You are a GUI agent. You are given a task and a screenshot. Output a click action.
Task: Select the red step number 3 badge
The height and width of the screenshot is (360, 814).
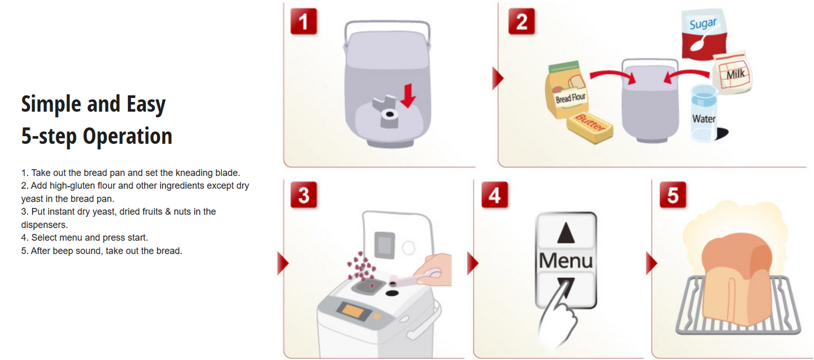pyautogui.click(x=304, y=195)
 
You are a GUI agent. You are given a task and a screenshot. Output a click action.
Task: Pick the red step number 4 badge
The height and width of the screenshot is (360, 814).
pyautogui.click(x=494, y=195)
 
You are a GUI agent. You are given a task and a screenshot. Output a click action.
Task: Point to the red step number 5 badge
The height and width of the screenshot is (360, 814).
pyautogui.click(x=672, y=195)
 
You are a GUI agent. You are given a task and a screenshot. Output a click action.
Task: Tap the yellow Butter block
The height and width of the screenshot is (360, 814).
pyautogui.click(x=590, y=127)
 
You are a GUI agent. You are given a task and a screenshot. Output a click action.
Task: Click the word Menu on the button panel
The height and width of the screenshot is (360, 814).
pyautogui.click(x=566, y=260)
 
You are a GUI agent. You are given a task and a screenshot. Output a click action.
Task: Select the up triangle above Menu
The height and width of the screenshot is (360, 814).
pyautogui.click(x=566, y=233)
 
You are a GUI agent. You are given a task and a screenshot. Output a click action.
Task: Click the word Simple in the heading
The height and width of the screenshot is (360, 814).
pyautogui.click(x=50, y=104)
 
